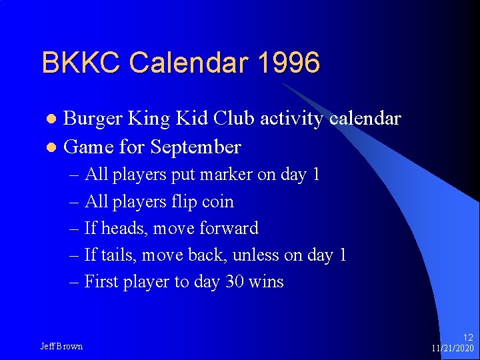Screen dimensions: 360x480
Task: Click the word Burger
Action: tap(93, 119)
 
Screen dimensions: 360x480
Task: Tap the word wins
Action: tap(266, 282)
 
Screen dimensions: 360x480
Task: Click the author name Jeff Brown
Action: tap(61, 346)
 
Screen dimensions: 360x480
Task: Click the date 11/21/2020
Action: tap(453, 349)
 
